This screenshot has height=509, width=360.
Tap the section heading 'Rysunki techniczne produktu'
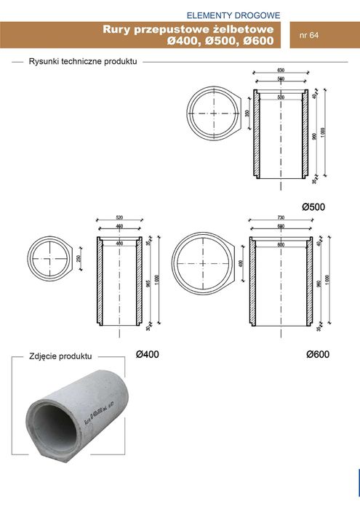(x=83, y=63)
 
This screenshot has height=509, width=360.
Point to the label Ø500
(x=313, y=207)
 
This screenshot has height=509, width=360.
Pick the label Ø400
(x=147, y=354)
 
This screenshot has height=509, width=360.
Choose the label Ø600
(x=318, y=354)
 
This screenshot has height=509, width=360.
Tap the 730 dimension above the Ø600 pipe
(x=280, y=217)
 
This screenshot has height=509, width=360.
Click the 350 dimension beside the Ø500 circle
(x=247, y=114)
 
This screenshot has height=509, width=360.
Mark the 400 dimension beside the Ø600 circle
(x=242, y=262)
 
